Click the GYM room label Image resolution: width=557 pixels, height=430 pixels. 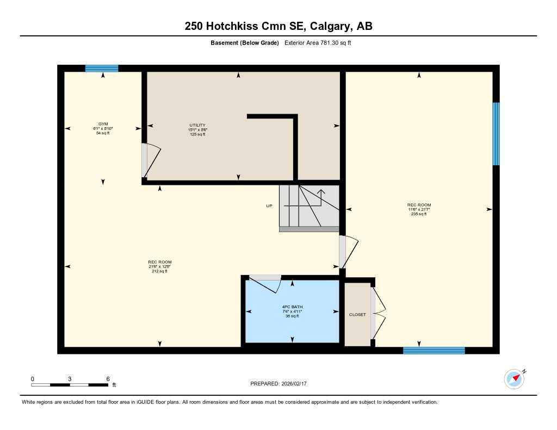pyautogui.click(x=103, y=128)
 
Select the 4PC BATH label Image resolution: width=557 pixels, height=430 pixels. pyautogui.click(x=292, y=311)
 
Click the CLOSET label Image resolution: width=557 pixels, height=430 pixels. pyautogui.click(x=357, y=315)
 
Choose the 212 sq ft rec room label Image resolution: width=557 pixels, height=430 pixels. pyautogui.click(x=159, y=266)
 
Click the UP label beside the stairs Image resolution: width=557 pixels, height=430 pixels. pyautogui.click(x=269, y=206)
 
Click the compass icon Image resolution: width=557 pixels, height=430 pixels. pyautogui.click(x=515, y=379)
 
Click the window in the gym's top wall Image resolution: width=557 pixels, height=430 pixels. pyautogui.click(x=102, y=68)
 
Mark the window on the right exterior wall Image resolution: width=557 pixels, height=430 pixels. pyautogui.click(x=496, y=134)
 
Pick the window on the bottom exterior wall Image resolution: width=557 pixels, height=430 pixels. pyautogui.click(x=434, y=351)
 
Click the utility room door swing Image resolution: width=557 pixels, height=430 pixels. pyautogui.click(x=152, y=160)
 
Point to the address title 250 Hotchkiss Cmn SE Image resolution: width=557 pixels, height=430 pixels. pyautogui.click(x=278, y=26)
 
